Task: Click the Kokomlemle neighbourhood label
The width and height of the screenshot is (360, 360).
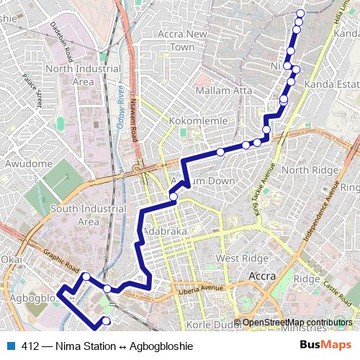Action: (x=197, y=121)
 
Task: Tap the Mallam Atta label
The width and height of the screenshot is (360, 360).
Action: (x=223, y=91)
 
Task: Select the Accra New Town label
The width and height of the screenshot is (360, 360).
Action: (x=182, y=40)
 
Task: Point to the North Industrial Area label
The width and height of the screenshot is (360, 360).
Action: (x=83, y=75)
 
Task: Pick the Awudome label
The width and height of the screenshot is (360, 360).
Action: (x=29, y=164)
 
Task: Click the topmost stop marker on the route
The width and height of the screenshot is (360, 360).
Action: (x=300, y=14)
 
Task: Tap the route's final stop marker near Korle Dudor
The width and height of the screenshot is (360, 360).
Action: (x=107, y=320)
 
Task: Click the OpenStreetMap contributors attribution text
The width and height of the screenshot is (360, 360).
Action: (x=297, y=323)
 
